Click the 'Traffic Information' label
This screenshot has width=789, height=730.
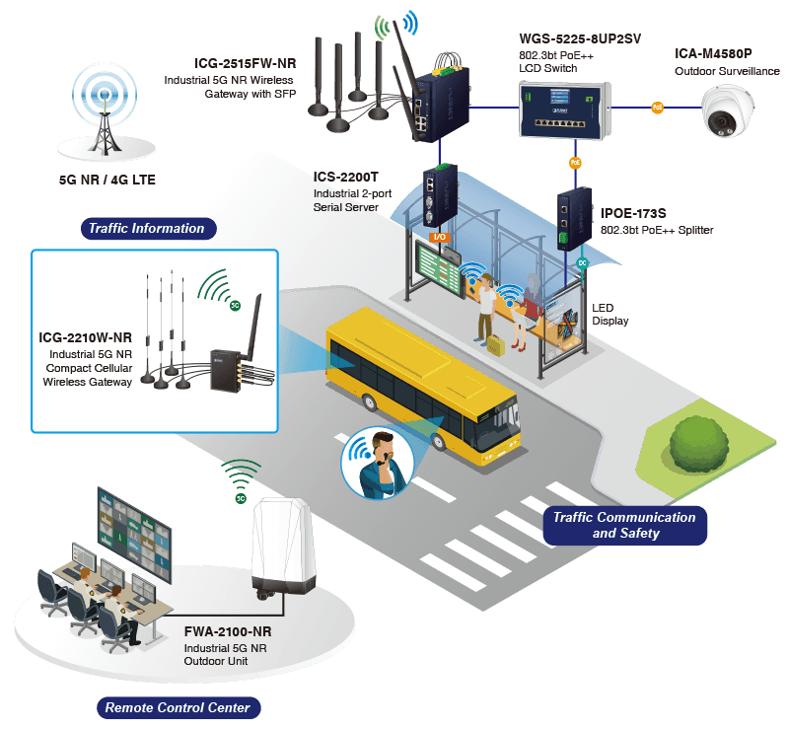tap(146, 228)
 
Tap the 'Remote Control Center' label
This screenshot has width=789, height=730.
tap(178, 706)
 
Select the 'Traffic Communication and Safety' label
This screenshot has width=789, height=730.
tap(624, 525)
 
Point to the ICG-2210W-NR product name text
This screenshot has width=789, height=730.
tap(86, 337)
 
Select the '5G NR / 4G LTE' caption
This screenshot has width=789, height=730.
tap(108, 181)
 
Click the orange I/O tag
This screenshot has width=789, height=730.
tap(440, 237)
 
